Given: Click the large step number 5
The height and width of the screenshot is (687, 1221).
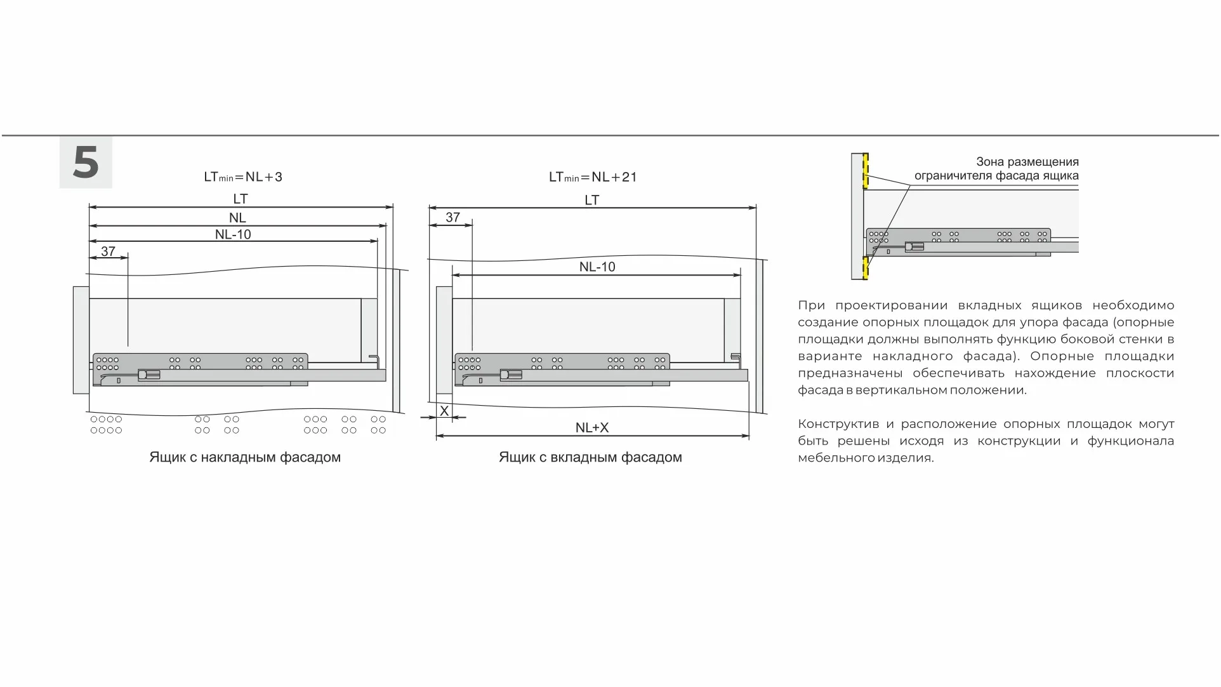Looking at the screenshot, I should (86, 163).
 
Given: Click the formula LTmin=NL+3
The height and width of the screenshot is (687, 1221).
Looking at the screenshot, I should (243, 177).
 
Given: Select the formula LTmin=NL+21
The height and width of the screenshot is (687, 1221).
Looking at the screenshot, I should (593, 177).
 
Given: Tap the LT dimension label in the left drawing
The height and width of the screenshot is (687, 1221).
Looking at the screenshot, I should (240, 199).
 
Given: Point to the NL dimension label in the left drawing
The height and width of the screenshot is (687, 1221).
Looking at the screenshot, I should (237, 218).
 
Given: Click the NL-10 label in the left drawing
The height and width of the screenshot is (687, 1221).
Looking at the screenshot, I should (233, 234).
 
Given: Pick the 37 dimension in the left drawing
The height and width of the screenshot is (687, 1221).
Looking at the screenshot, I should (108, 251).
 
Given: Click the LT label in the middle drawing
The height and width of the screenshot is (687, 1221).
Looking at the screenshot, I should (591, 200).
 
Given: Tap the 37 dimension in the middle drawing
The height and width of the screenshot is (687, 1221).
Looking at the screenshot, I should (452, 218).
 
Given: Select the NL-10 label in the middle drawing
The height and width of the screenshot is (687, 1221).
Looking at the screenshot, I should (597, 267).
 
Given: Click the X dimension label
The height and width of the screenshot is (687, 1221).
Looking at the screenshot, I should (444, 411).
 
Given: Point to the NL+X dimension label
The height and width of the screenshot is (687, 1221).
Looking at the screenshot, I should (591, 428).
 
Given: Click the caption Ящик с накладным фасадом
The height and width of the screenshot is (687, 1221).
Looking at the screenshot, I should (245, 457).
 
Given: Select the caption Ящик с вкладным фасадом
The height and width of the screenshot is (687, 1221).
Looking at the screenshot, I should (590, 457).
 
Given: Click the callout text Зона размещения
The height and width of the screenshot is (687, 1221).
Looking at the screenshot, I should (1027, 162).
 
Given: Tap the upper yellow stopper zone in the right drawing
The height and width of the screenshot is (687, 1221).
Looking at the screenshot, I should (865, 171).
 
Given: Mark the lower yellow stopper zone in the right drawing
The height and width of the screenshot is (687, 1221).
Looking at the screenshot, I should (865, 268).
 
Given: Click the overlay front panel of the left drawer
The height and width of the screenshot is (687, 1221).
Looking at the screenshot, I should (81, 340).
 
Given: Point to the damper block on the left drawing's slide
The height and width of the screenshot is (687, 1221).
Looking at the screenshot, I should (149, 375).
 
